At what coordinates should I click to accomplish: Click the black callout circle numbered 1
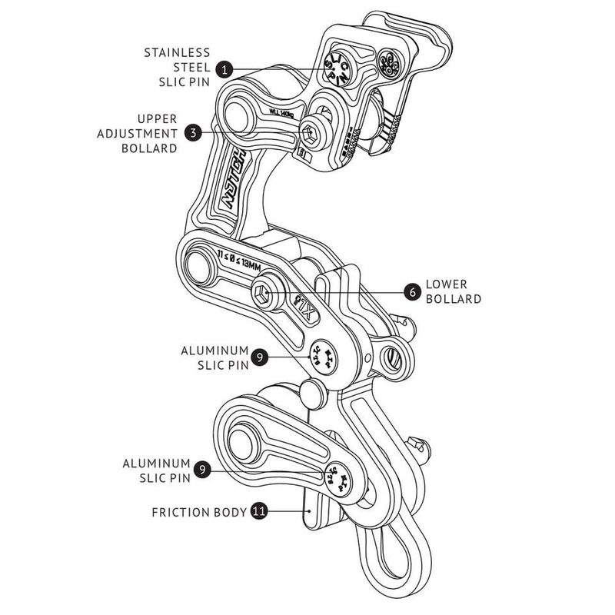224,69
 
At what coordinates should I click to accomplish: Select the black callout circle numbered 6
412,291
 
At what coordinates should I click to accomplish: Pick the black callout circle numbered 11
259,511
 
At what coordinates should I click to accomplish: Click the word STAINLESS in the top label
177,53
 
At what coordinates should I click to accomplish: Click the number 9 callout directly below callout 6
261,357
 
